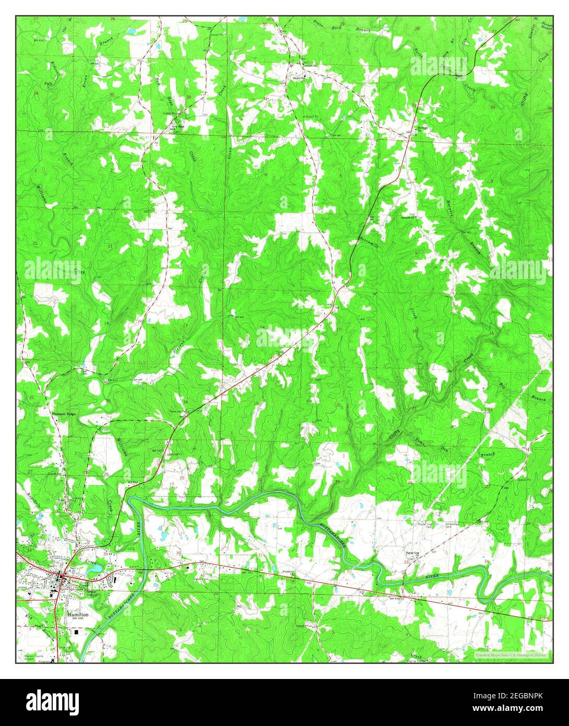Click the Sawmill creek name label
click(364, 240)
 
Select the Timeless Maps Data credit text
click(510, 654)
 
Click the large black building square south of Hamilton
click(77, 632)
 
